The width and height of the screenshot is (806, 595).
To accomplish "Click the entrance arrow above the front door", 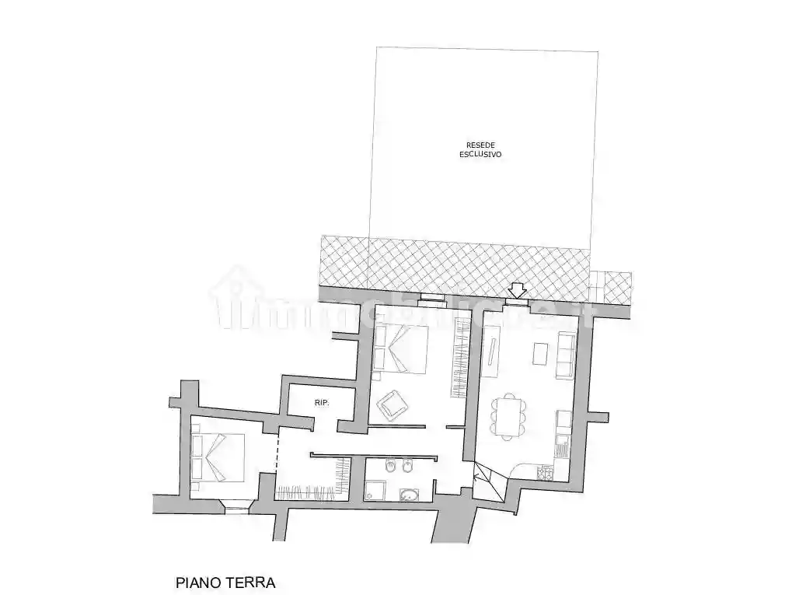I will point(516,289).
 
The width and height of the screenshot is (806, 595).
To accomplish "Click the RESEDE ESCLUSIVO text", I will point(480,149).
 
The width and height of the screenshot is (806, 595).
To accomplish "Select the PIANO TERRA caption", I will point(226,582).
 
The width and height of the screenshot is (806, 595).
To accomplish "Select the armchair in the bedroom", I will point(392,404).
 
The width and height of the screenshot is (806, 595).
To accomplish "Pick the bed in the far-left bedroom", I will point(219,457).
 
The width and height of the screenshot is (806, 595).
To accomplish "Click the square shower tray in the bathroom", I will point(375,489).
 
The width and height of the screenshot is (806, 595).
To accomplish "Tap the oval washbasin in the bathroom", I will point(408,494).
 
